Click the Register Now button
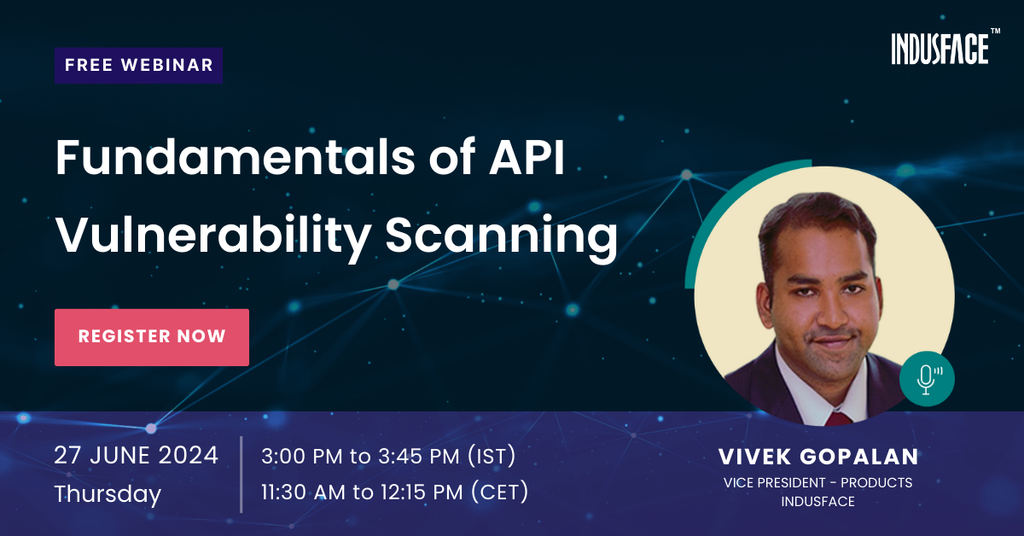152,337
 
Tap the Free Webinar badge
138,66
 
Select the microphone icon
927,379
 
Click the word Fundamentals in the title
236,157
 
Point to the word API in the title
527,157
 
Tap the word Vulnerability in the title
213,236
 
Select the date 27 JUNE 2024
137,456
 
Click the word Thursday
108,494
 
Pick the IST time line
388,456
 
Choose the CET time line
394,492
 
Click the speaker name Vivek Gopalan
818,457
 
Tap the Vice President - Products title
817,482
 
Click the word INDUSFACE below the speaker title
817,501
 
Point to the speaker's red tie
838,418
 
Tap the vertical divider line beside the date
241,475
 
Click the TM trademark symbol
995,31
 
